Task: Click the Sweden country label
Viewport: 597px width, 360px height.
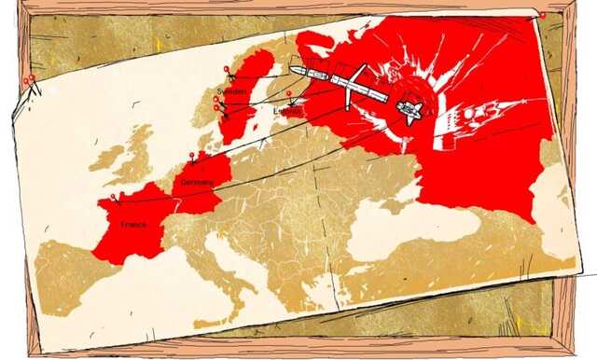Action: tap(231, 92)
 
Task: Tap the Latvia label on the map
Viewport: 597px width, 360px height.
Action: tap(286, 112)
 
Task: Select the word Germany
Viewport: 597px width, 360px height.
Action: tap(199, 182)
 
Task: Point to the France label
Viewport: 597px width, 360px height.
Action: tap(132, 225)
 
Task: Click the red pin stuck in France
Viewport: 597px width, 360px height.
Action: tap(113, 196)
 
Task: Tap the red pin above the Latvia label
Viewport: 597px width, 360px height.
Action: tap(289, 92)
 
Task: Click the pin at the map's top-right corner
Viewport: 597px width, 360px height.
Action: tap(543, 14)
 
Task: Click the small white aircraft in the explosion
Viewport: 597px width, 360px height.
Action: tap(410, 110)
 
